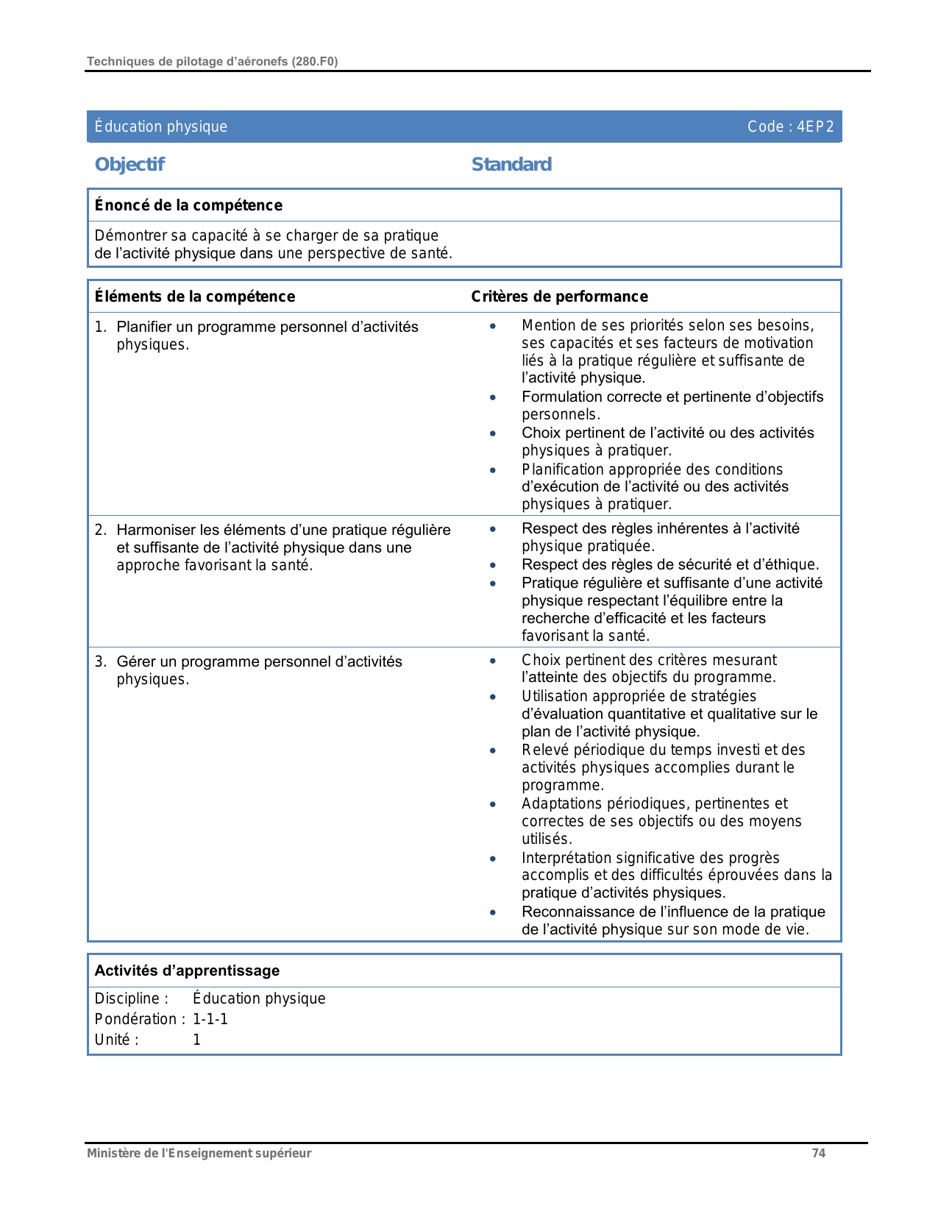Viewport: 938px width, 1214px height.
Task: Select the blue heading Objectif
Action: (129, 164)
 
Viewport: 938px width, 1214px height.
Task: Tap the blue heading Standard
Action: (511, 164)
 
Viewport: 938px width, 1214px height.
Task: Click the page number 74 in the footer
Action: (818, 1153)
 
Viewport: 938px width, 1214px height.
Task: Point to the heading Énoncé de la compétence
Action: (188, 205)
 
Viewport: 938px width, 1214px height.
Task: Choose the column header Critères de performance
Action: (559, 297)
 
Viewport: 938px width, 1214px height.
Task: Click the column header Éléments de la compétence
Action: (195, 297)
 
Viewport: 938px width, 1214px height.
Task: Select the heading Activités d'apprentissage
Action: (187, 970)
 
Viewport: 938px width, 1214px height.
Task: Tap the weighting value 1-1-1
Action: (210, 1019)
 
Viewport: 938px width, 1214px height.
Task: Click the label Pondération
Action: (136, 1019)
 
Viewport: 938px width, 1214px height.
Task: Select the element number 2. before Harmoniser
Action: (101, 530)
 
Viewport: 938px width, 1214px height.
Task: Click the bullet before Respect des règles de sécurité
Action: (493, 565)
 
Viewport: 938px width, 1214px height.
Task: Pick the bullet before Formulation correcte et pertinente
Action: (493, 397)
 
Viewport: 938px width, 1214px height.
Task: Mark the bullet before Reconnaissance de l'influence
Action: (493, 912)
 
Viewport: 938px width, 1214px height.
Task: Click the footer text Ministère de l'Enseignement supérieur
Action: (199, 1153)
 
